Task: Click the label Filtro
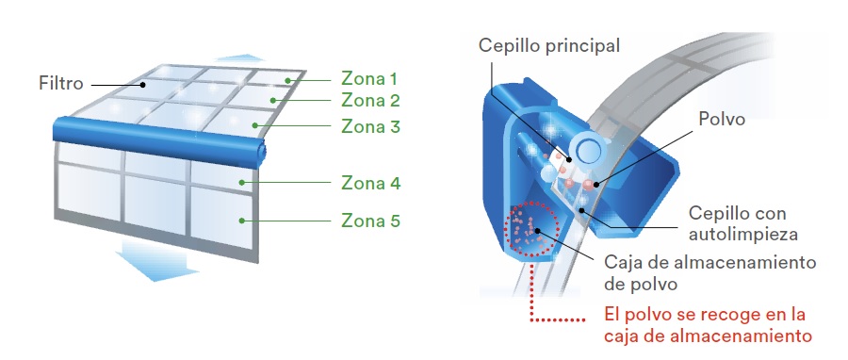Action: click(x=61, y=83)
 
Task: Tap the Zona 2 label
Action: click(x=370, y=101)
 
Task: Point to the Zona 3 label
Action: click(x=370, y=126)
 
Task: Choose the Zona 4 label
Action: click(x=370, y=183)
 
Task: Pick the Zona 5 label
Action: click(x=370, y=221)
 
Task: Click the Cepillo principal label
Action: click(x=549, y=46)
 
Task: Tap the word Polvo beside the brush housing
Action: click(x=722, y=119)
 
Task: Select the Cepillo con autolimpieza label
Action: click(x=742, y=223)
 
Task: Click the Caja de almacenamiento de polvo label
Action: click(x=709, y=273)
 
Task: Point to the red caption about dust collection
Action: click(x=708, y=325)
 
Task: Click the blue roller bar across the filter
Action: click(x=159, y=140)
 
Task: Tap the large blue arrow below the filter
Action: click(x=156, y=261)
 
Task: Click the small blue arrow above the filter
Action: click(x=240, y=57)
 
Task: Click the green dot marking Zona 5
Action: click(x=242, y=221)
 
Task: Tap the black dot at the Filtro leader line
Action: click(x=143, y=84)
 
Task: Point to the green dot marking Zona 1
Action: click(x=288, y=80)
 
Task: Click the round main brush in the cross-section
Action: click(x=587, y=149)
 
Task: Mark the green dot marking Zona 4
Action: click(x=242, y=183)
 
